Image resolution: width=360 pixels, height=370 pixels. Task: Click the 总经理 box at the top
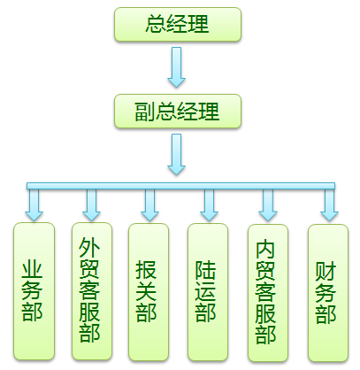pyautogui.click(x=178, y=24)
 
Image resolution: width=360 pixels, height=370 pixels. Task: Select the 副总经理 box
pyautogui.click(x=178, y=112)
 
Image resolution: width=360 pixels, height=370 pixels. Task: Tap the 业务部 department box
pyautogui.click(x=34, y=291)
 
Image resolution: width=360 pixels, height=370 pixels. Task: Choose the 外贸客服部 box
pyautogui.click(x=92, y=291)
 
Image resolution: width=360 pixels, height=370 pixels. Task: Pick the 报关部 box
pyautogui.click(x=149, y=292)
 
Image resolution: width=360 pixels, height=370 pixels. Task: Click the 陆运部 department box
pyautogui.click(x=208, y=292)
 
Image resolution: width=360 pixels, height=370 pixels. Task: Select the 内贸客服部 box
pyautogui.click(x=268, y=293)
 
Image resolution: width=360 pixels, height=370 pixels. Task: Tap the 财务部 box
pyautogui.click(x=328, y=293)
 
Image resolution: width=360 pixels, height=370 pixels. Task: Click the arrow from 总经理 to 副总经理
pyautogui.click(x=176, y=67)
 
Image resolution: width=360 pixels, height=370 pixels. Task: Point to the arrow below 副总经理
pyautogui.click(x=176, y=155)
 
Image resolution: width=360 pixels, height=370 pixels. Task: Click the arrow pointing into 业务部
pyautogui.click(x=34, y=205)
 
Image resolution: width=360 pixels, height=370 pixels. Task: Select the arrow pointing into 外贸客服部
pyautogui.click(x=91, y=205)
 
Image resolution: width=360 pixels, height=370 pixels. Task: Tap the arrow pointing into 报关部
pyautogui.click(x=149, y=205)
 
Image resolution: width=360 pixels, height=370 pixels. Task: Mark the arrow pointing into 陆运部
pyautogui.click(x=209, y=205)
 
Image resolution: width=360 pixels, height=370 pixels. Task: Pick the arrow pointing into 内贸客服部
pyautogui.click(x=268, y=205)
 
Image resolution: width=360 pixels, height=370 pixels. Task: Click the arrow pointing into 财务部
pyautogui.click(x=329, y=205)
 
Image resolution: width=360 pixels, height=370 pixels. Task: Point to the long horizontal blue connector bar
pyautogui.click(x=180, y=186)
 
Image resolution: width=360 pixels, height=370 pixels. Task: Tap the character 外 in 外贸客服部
pyautogui.click(x=89, y=247)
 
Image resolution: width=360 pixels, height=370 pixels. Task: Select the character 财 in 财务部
pyautogui.click(x=326, y=271)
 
